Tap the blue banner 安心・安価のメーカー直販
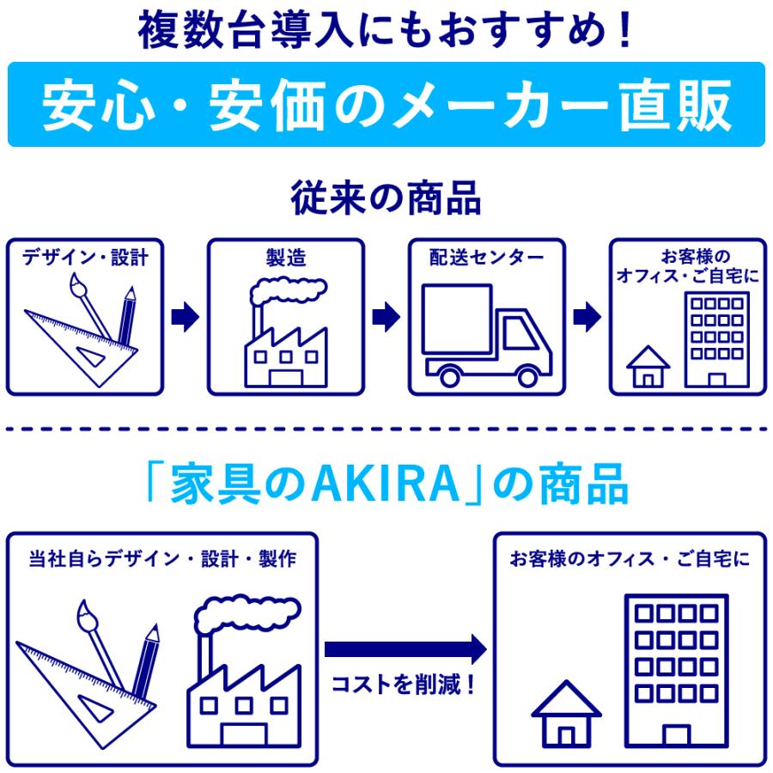tap(386, 104)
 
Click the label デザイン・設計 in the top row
tap(85, 257)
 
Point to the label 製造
tap(285, 257)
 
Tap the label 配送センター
tap(486, 257)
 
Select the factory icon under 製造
tap(286, 335)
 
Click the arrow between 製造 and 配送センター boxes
tap(386, 317)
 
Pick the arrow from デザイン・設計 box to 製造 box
tap(185, 317)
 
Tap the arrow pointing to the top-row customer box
tap(587, 317)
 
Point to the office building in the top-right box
tap(715, 339)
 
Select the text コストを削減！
tap(404, 686)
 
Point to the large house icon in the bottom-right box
tap(566, 713)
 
